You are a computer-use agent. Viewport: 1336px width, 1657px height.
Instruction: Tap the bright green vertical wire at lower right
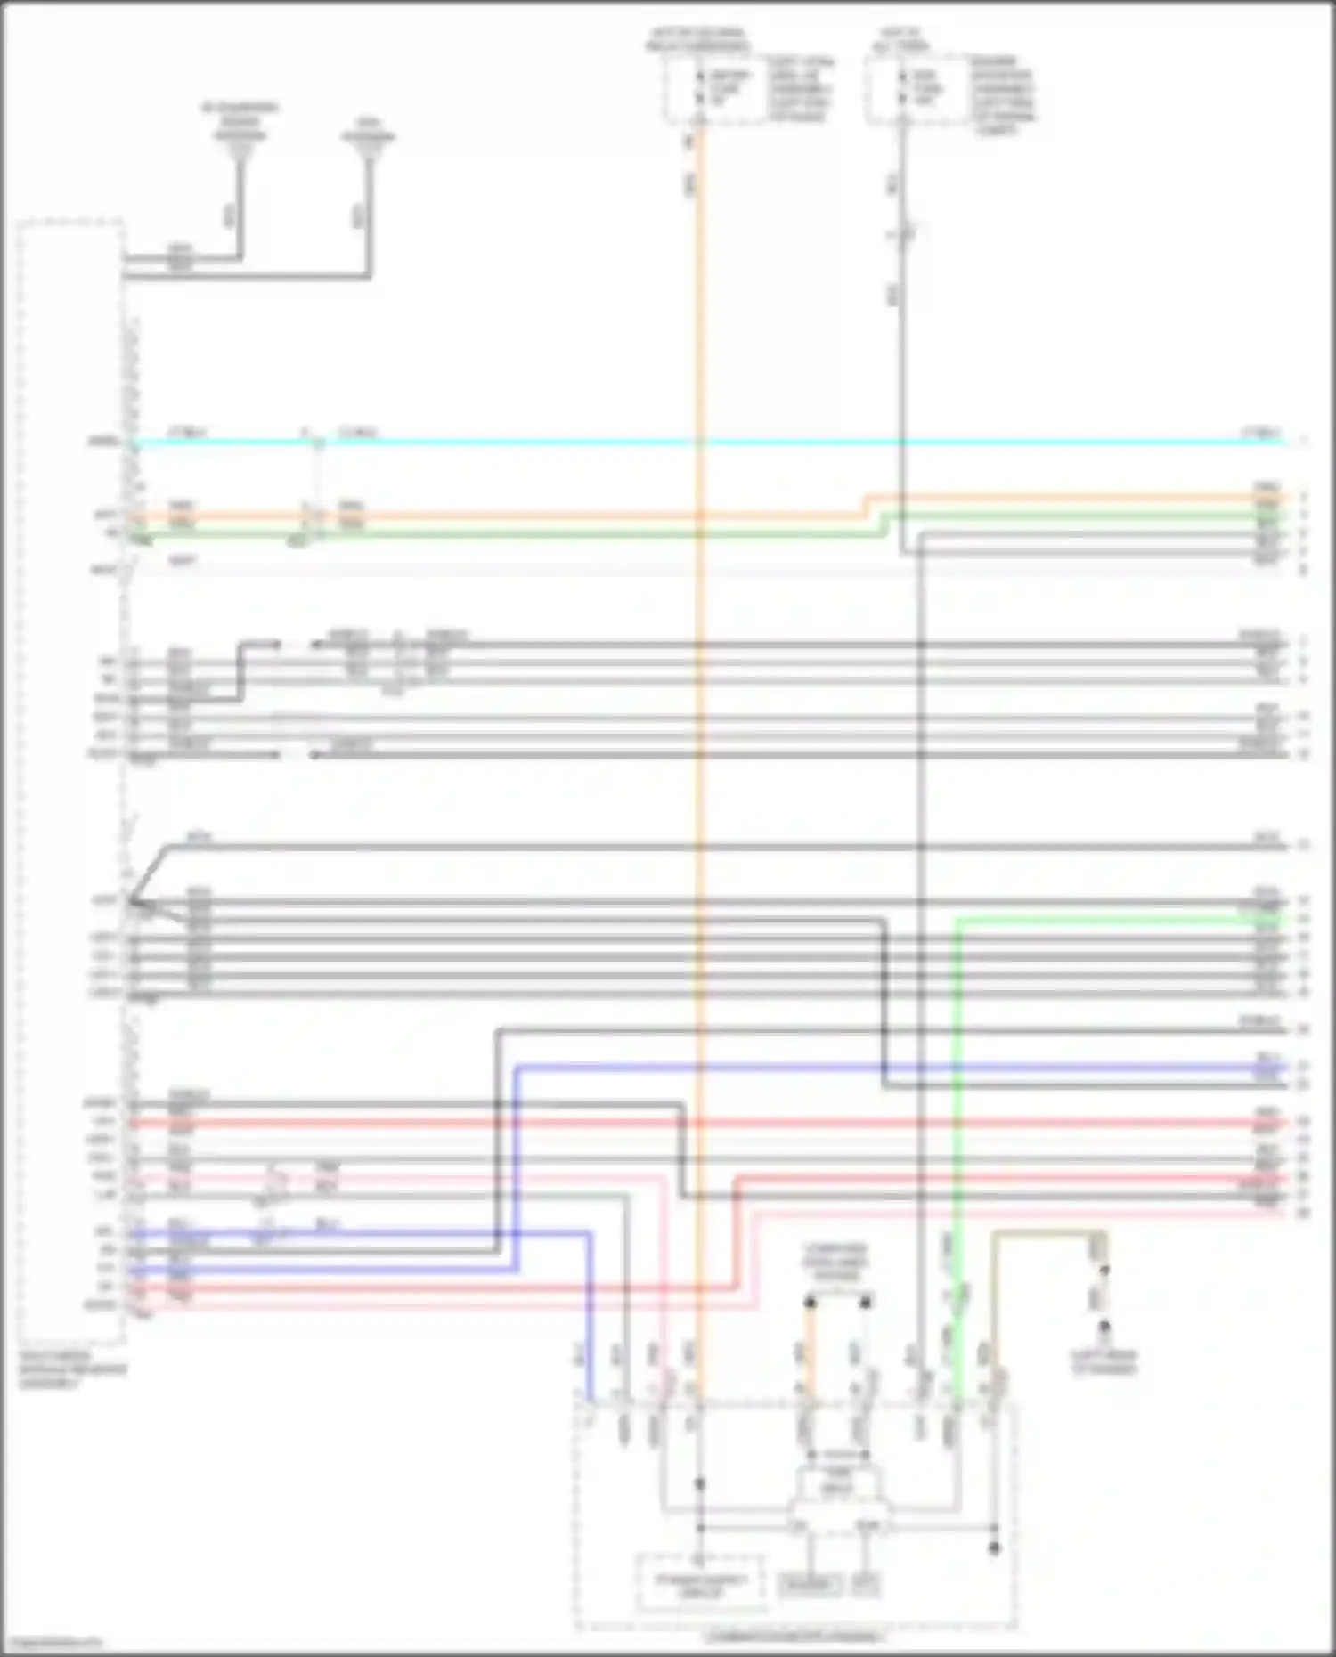[957, 1068]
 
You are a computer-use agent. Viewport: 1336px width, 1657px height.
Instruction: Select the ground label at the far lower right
[1104, 1363]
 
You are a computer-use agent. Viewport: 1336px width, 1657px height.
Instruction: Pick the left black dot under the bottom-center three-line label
[810, 1303]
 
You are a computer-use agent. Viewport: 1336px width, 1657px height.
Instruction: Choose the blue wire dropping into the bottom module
[589, 1318]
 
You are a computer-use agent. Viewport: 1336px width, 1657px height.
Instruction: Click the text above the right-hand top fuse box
[902, 40]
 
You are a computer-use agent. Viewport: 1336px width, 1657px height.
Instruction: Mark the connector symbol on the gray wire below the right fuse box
[903, 234]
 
